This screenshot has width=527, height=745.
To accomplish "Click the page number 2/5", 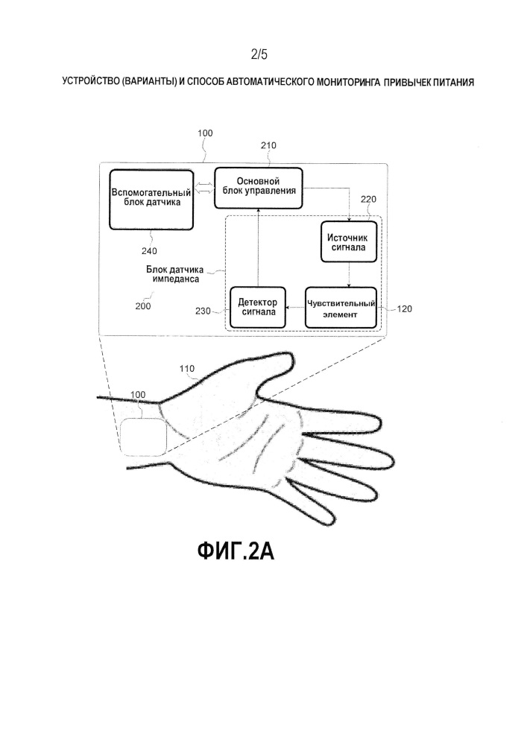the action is tap(259, 54).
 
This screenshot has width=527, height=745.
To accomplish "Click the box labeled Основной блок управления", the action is tap(259, 188).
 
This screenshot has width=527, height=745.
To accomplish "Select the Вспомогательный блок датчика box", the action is tap(151, 200).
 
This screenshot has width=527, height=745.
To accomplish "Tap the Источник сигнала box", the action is tap(349, 242).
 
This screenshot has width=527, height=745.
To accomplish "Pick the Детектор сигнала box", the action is tap(258, 308).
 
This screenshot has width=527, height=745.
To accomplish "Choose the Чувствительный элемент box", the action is tap(341, 308).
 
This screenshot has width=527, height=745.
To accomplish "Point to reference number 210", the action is tap(268, 145).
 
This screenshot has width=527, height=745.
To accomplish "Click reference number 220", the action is tap(368, 199).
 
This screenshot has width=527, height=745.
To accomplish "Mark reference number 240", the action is tap(149, 251).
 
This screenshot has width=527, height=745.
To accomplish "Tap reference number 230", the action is tap(203, 311).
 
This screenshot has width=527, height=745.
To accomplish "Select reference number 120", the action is tap(404, 309).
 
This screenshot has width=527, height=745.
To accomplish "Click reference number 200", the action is tap(143, 306).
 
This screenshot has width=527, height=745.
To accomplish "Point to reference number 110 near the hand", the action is tap(187, 368).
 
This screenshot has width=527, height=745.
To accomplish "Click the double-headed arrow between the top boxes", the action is tap(203, 188).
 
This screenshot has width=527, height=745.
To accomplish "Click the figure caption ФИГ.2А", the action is tap(236, 551).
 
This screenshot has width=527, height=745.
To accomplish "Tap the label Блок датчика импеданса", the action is tap(175, 274).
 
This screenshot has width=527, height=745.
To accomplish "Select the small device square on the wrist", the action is tap(142, 437).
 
